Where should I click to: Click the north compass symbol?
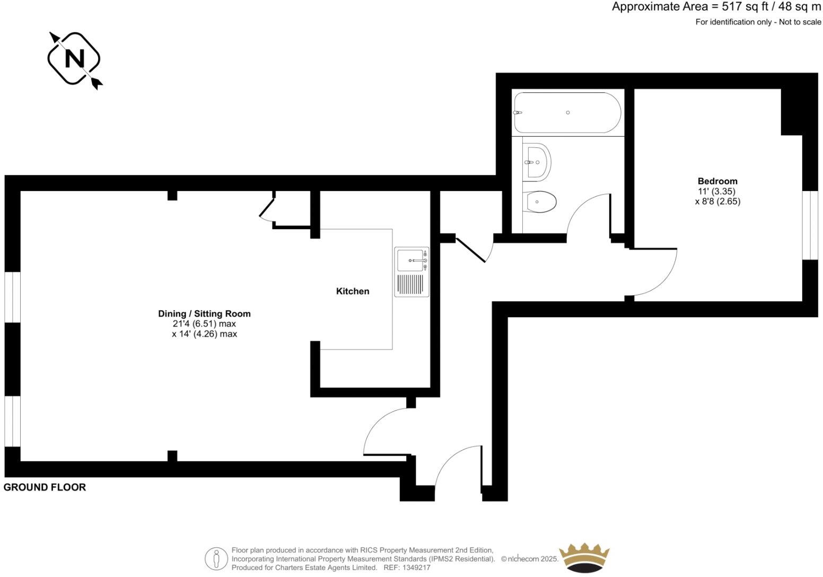(x=74, y=58)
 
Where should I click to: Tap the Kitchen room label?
(x=353, y=291)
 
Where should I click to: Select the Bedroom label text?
(x=717, y=181)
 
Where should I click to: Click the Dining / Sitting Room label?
(x=204, y=313)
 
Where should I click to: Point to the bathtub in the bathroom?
(x=566, y=112)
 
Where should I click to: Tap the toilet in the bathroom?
(x=539, y=202)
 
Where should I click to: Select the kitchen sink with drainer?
(x=411, y=272)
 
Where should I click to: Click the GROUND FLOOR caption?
(x=45, y=487)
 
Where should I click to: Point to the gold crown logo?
(x=585, y=557)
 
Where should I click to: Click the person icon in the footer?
(x=216, y=558)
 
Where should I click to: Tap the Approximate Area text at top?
(x=716, y=7)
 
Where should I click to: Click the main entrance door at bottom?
(x=457, y=464)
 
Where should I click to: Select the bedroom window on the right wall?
(x=810, y=225)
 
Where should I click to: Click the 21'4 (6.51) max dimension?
(x=204, y=324)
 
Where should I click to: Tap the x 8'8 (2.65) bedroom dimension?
(x=717, y=202)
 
